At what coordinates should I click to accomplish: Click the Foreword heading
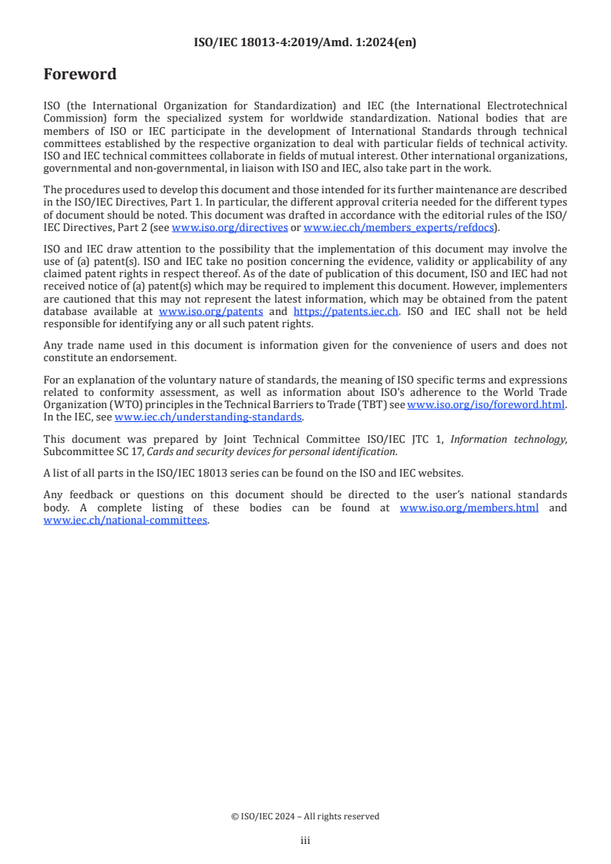click(x=80, y=75)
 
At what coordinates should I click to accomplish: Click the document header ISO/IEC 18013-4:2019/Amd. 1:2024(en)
click(x=305, y=43)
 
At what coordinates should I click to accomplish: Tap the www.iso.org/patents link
click(x=210, y=311)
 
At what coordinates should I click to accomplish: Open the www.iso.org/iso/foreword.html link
click(x=486, y=404)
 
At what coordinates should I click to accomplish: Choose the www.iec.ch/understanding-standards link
click(x=208, y=417)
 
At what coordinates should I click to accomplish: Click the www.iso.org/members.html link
click(x=469, y=507)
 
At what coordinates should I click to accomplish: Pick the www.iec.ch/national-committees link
click(x=126, y=520)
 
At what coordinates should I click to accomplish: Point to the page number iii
click(x=305, y=840)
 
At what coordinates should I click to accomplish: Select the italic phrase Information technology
click(x=507, y=439)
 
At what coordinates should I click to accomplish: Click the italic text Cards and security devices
click(x=191, y=451)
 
